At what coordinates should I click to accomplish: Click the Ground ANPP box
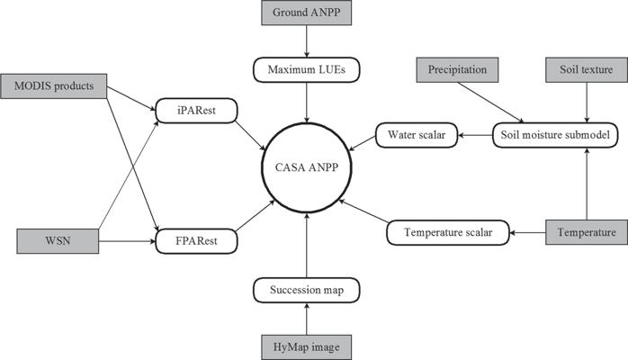(308, 13)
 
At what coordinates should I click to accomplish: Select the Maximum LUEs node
(308, 68)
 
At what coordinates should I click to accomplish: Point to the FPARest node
(194, 242)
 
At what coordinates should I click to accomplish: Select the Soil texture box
(587, 68)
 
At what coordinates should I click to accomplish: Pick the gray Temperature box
(585, 233)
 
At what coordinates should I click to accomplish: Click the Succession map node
(308, 291)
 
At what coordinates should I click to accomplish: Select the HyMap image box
(308, 346)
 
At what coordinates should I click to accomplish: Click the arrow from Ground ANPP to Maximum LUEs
(308, 41)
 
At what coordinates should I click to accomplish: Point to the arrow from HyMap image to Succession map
(308, 319)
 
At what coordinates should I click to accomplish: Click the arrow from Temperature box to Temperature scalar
(528, 233)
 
